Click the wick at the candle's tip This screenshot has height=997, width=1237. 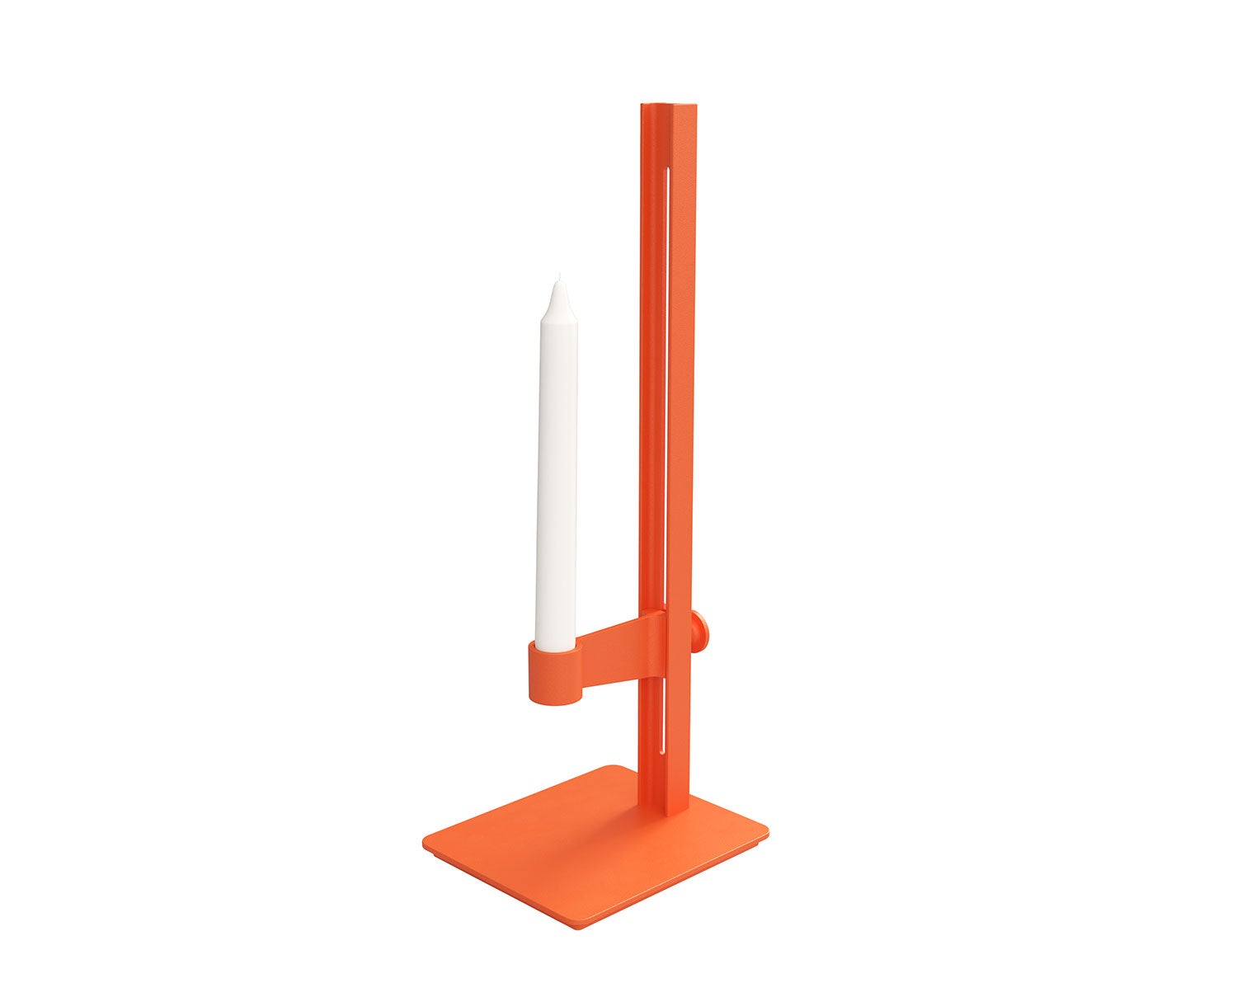click(557, 276)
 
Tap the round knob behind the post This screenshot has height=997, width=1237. click(700, 628)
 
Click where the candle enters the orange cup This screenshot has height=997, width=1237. click(556, 647)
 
